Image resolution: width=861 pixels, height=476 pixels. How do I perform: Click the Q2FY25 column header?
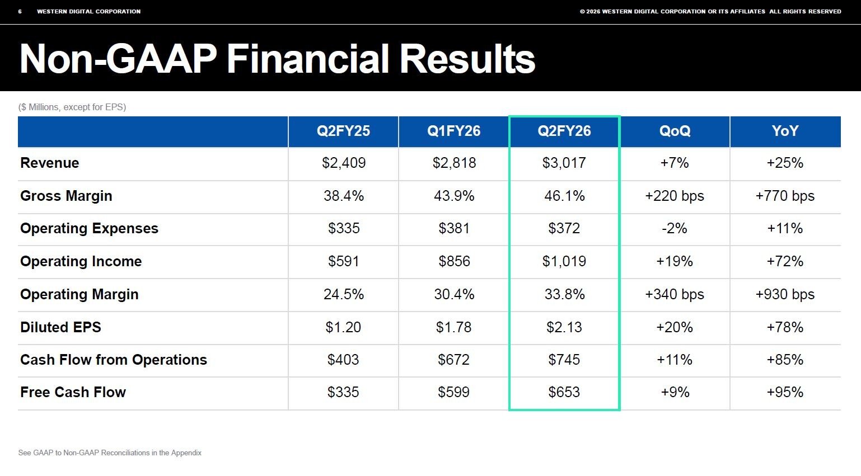point(343,131)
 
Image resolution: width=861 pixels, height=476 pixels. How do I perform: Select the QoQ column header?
point(675,131)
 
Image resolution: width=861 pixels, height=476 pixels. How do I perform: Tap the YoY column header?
point(785,131)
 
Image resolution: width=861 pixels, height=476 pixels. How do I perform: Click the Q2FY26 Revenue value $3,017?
point(564,163)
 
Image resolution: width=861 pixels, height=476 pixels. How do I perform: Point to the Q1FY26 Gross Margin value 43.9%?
point(454,196)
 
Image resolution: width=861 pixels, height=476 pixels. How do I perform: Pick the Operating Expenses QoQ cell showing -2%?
point(674,229)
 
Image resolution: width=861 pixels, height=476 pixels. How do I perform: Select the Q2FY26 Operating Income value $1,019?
point(564,261)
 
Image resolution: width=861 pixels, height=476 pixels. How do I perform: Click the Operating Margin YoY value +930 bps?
point(785,294)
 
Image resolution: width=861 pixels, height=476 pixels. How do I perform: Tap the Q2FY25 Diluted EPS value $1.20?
point(343,327)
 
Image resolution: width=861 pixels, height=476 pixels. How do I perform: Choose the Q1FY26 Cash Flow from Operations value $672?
point(453,360)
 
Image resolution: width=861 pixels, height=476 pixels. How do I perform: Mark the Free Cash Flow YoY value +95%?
point(785,392)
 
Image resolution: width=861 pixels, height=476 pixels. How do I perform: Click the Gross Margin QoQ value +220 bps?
point(674,196)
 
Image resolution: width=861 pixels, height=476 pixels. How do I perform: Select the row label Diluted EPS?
point(60,327)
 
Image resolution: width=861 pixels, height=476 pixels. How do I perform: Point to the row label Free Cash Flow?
point(73,392)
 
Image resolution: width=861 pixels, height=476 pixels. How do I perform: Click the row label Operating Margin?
point(79,295)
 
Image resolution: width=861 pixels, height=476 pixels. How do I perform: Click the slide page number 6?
point(20,12)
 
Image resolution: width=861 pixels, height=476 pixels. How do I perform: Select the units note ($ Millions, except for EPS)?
point(72,107)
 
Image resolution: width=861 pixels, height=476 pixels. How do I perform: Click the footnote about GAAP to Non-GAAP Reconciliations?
point(110,453)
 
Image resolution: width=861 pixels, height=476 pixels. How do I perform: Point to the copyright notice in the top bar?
point(710,12)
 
